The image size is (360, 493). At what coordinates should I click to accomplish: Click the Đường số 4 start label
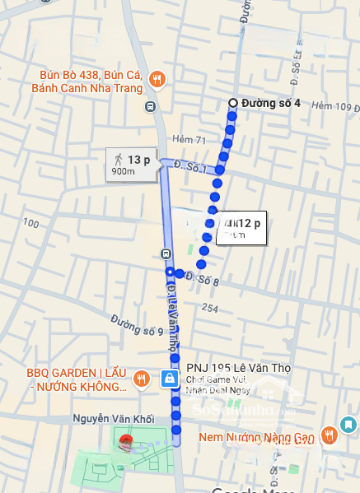click(270, 103)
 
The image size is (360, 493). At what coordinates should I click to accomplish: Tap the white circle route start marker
click(233, 103)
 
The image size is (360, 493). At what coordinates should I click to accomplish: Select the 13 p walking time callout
click(132, 164)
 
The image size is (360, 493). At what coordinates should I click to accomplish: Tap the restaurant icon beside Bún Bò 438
click(157, 80)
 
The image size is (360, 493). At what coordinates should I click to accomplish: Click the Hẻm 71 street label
click(189, 141)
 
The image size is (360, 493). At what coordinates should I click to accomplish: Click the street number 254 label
click(209, 308)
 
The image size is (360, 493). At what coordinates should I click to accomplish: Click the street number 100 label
click(31, 223)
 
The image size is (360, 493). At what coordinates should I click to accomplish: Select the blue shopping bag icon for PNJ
click(169, 379)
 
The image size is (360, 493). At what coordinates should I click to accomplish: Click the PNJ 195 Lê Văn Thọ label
click(233, 368)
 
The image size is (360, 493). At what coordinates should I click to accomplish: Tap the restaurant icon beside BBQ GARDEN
click(142, 379)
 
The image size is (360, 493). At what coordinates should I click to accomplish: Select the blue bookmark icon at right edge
click(349, 426)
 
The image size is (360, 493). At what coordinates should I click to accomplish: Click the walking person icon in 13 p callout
click(117, 158)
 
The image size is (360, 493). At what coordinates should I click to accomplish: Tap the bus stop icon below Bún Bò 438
click(150, 106)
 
